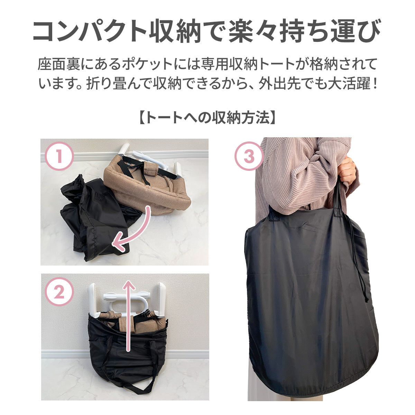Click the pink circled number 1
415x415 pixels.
tap(59, 156)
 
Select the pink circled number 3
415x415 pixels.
tap(249, 156)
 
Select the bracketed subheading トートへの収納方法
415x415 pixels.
tap(207, 118)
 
